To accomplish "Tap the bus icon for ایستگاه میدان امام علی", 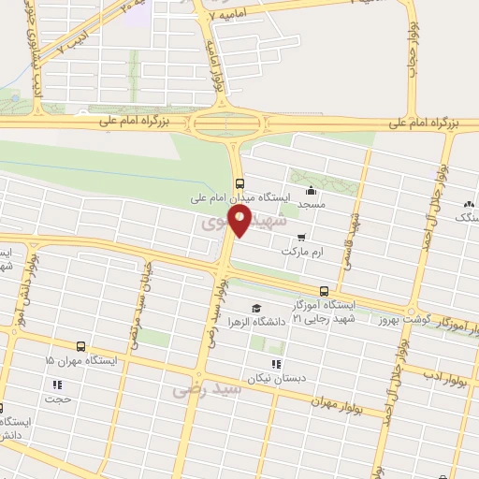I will (x=240, y=183).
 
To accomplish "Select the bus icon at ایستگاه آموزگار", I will (x=324, y=291).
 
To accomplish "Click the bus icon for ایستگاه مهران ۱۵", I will (x=81, y=345).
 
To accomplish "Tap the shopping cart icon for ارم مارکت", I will (x=300, y=238).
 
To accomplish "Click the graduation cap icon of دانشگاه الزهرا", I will (x=255, y=309).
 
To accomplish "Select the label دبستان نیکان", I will (x=277, y=377).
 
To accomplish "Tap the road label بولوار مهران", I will (x=343, y=404).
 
